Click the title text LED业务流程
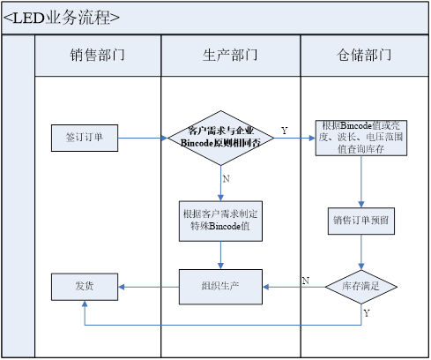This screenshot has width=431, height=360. click(62, 18)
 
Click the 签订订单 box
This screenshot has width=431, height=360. click(84, 138)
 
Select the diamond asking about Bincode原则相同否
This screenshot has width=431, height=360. click(220, 138)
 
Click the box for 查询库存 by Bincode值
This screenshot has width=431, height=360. click(361, 138)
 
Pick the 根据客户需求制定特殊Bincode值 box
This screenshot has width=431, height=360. click(220, 219)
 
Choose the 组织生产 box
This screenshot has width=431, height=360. click(220, 286)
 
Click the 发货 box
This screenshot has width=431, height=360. click(84, 286)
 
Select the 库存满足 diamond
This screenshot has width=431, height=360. click(361, 286)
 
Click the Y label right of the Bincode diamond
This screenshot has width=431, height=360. click(284, 131)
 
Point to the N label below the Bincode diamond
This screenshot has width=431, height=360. click(227, 178)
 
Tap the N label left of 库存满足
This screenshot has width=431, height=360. click(305, 281)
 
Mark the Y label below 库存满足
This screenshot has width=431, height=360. click(367, 313)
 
